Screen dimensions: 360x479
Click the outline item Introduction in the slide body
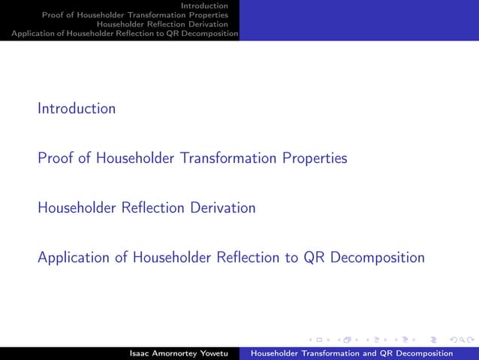click(77, 108)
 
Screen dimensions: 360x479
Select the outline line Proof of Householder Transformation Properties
click(192, 159)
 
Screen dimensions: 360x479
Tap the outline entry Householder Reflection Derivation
click(146, 207)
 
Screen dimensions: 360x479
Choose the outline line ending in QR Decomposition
click(230, 258)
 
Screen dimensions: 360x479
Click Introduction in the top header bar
click(209, 6)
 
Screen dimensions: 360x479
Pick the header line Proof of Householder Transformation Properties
click(135, 15)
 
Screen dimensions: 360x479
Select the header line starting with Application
click(120, 33)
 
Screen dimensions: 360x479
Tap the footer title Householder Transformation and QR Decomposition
click(351, 353)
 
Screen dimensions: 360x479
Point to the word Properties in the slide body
click(315, 159)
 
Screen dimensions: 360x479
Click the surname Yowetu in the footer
click(212, 353)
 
